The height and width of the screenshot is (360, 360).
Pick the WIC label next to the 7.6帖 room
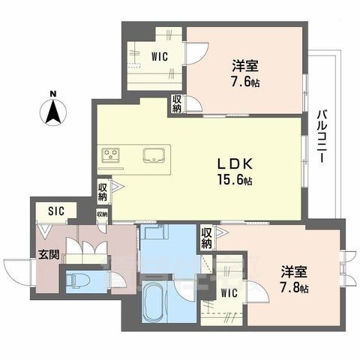click(158, 55)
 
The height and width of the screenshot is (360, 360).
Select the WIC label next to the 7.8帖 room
click(229, 293)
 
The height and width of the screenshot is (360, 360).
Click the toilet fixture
click(78, 280)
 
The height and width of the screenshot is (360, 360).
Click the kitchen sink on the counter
click(154, 156)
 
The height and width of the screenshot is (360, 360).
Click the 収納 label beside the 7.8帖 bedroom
click(207, 238)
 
